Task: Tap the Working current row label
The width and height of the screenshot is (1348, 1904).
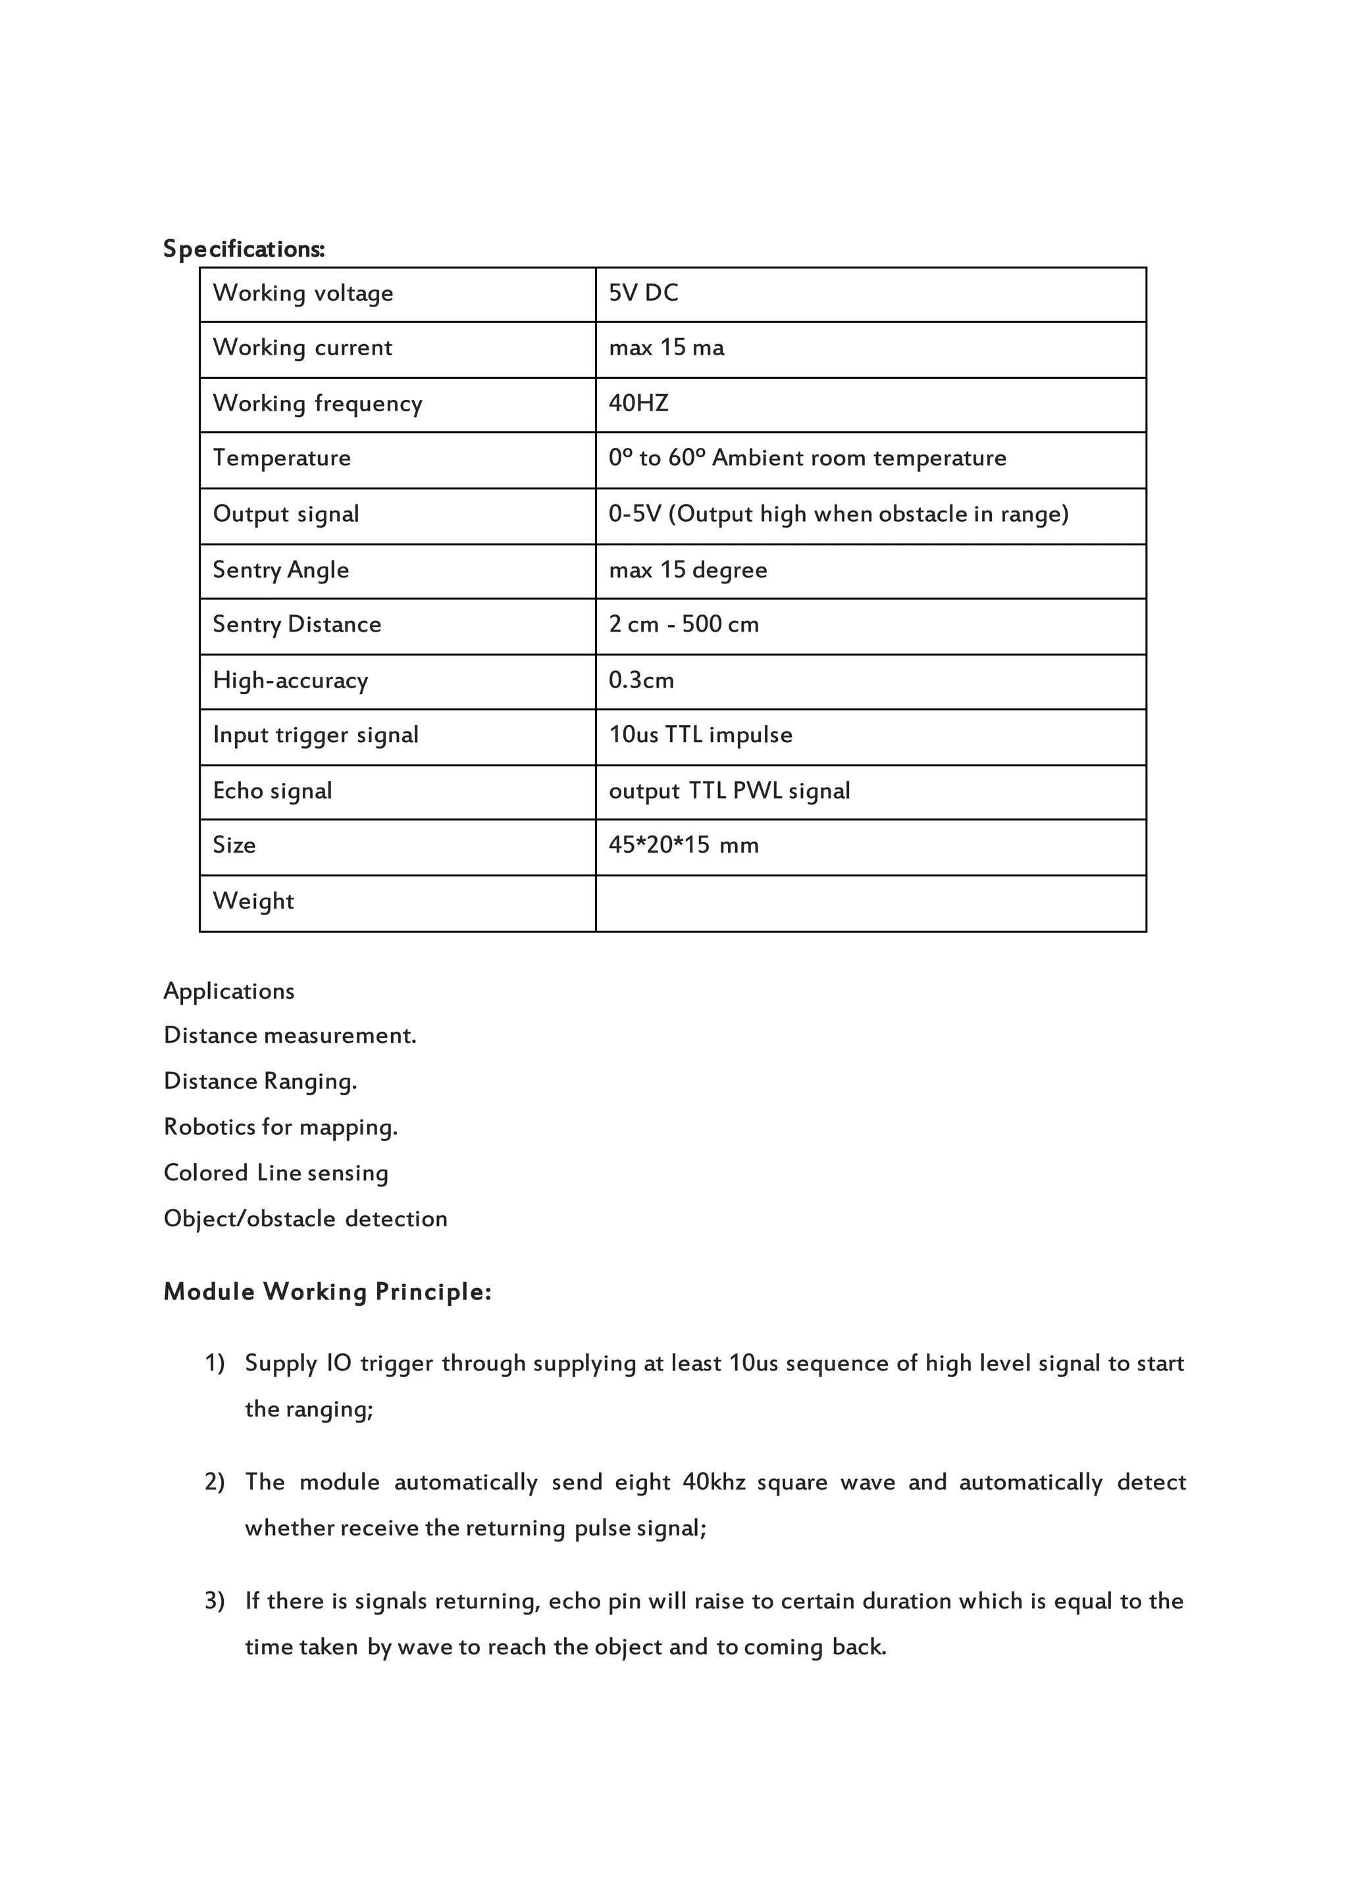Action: [302, 347]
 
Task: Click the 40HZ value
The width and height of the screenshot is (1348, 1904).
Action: [638, 403]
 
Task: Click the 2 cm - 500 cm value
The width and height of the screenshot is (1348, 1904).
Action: [683, 625]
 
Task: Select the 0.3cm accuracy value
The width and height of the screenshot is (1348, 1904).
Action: [641, 680]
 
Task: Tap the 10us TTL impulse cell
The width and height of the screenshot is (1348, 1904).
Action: [700, 735]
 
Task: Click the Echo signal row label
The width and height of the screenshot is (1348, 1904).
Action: [272, 791]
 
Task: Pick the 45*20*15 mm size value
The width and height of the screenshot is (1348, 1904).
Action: [683, 845]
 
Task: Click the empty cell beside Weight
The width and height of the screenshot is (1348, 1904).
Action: [870, 903]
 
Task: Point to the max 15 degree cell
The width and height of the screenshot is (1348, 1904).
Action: [687, 570]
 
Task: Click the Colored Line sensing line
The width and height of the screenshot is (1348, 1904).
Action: [276, 1173]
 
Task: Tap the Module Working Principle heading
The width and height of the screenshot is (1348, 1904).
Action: [327, 1291]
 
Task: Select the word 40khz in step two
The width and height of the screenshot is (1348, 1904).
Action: [714, 1482]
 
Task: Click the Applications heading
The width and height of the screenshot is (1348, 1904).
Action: [229, 991]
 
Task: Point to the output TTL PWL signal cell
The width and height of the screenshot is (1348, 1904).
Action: [729, 791]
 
